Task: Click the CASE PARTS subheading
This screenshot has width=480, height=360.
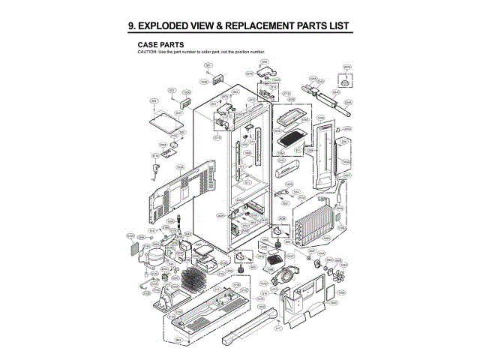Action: pos(160,44)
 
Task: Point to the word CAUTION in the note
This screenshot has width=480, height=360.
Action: pos(146,51)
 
